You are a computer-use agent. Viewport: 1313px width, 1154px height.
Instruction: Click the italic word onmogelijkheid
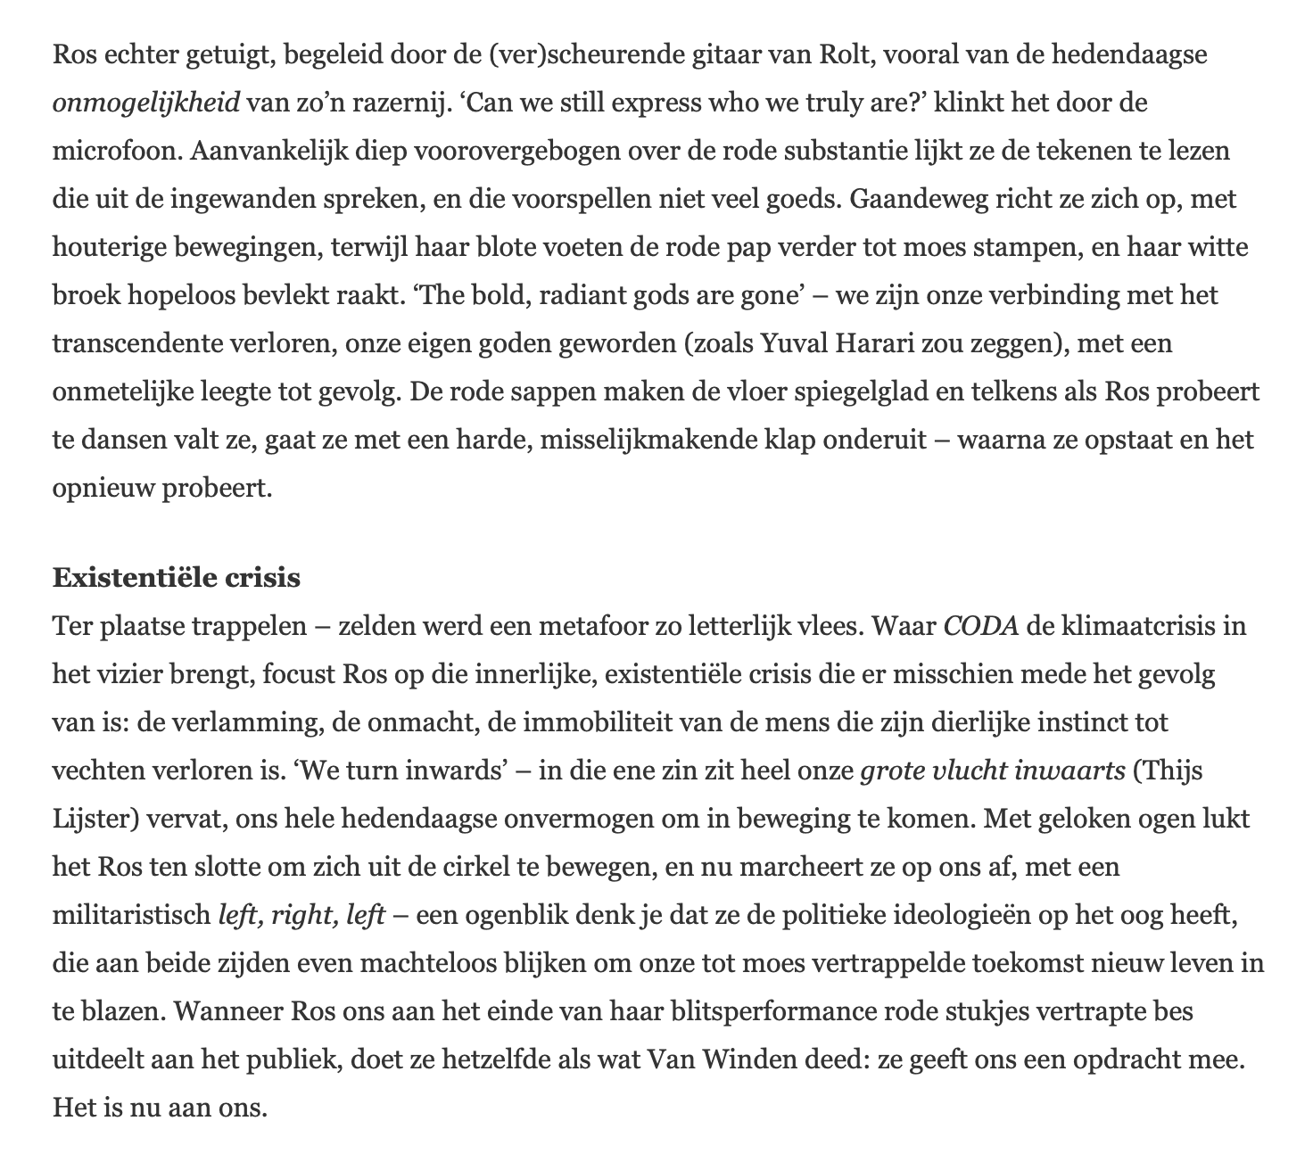146,103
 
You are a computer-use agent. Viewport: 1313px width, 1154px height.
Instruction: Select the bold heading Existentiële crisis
177,578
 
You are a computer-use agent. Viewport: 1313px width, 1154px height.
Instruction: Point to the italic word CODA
981,626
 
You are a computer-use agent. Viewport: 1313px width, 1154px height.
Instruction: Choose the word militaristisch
131,915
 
